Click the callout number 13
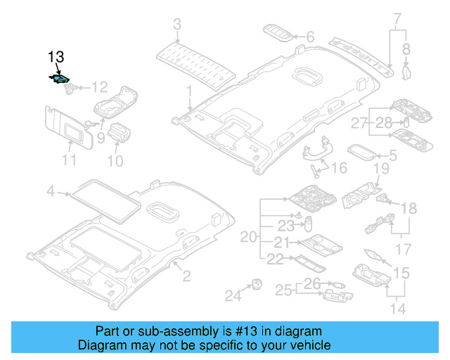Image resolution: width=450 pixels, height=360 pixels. click(x=56, y=56)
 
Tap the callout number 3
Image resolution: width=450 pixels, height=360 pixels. click(x=177, y=26)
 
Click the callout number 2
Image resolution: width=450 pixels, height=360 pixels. click(x=186, y=276)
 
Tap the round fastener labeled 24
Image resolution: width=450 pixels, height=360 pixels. click(x=255, y=284)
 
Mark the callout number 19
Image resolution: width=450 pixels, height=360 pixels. click(x=380, y=169)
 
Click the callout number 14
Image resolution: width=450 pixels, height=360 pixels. click(x=398, y=308)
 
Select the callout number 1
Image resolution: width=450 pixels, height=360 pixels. click(x=188, y=91)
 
